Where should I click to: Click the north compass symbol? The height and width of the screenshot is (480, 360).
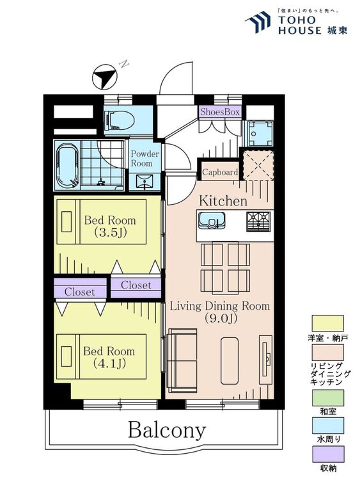click(105, 77)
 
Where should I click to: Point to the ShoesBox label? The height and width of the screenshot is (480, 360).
click(220, 112)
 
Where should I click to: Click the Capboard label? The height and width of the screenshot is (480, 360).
click(220, 172)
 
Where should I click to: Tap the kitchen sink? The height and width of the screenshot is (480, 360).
click(212, 220)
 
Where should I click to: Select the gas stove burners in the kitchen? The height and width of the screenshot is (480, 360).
click(258, 221)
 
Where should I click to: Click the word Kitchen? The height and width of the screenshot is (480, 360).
click(223, 201)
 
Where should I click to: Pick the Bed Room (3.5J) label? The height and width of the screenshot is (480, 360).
click(110, 226)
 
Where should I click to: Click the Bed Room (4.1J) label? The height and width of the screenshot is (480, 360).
click(109, 357)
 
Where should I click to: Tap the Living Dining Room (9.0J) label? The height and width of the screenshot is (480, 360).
click(220, 312)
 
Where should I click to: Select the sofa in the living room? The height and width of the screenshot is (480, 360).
click(182, 360)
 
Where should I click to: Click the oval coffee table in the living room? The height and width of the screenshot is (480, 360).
click(230, 360)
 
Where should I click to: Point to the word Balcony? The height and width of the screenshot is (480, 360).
click(167, 431)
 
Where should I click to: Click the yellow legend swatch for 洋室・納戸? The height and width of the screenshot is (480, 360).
click(327, 323)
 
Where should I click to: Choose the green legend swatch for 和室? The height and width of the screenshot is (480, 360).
click(327, 397)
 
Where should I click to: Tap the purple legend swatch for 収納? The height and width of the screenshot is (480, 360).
click(327, 454)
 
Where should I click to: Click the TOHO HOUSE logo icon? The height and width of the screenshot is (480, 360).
click(258, 22)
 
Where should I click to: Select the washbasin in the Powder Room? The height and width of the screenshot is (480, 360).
click(145, 182)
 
